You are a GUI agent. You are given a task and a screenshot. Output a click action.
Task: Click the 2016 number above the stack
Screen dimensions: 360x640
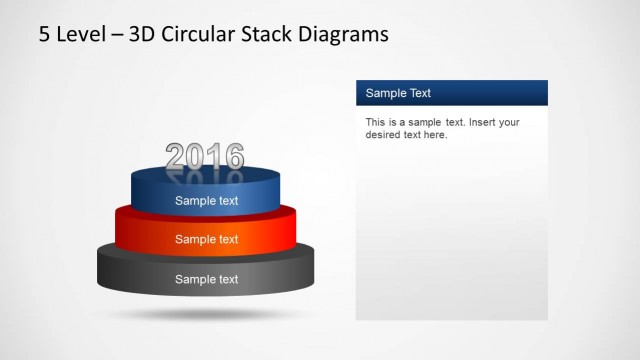click(x=204, y=155)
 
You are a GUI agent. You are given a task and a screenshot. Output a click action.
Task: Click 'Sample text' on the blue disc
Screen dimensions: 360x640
click(x=207, y=200)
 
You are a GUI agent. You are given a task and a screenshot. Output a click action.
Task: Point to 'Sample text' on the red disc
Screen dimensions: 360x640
click(x=207, y=239)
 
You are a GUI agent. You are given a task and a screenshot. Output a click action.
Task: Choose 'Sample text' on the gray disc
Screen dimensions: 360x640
click(x=207, y=279)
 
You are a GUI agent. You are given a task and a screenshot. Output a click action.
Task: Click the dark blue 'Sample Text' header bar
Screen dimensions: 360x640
click(x=451, y=93)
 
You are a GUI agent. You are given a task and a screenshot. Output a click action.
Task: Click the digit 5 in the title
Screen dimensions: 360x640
click(x=44, y=36)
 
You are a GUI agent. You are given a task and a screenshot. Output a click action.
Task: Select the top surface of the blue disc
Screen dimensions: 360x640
click(x=204, y=176)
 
